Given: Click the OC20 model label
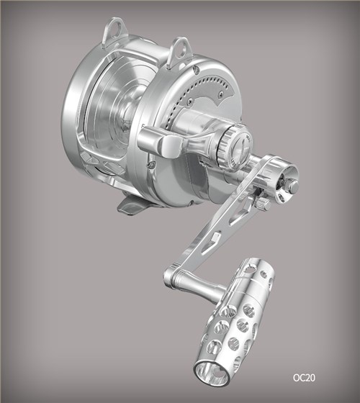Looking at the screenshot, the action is pos(304,378).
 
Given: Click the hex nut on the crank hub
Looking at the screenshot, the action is pos(293,186).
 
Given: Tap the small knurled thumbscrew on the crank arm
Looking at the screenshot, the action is pos(263,204).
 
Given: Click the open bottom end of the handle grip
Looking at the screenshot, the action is pos(212,373).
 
